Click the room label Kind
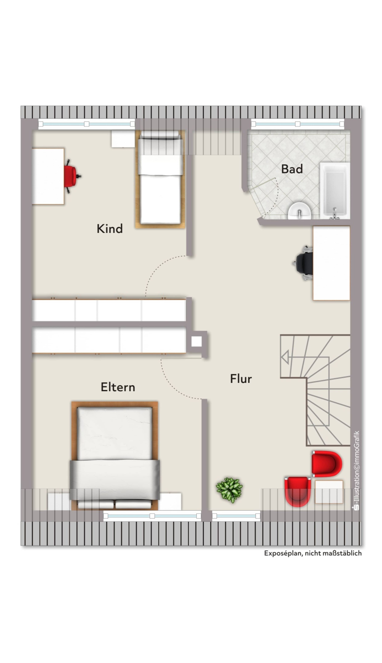[110, 228]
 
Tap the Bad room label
[292, 169]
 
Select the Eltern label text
[118, 387]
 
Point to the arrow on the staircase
[285, 357]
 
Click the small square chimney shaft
[197, 342]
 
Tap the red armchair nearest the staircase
[327, 464]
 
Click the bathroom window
[298, 124]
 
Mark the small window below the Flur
[236, 516]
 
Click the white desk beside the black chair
[331, 263]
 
